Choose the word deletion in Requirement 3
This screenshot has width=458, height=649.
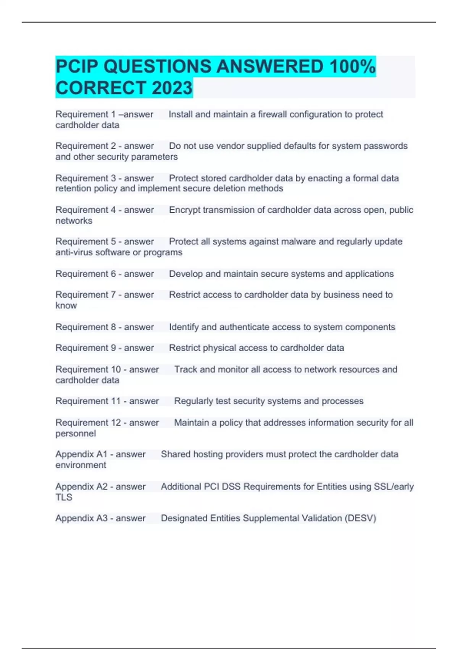pyautogui.click(x=230, y=188)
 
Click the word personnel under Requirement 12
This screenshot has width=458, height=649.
pyautogui.click(x=76, y=433)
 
